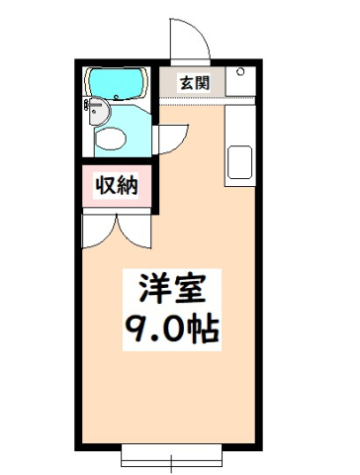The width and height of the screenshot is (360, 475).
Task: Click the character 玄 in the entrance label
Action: click(187, 83)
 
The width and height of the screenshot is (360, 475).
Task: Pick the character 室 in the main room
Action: click(187, 289)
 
